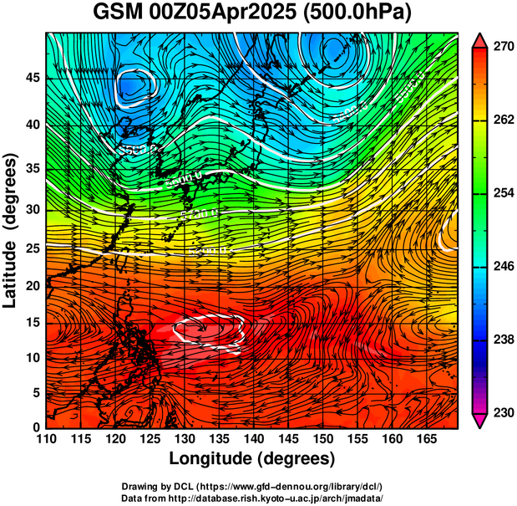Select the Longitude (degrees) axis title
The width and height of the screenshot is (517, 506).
252,458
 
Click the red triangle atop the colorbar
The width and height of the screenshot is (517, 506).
479,39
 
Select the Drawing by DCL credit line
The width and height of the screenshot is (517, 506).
252,486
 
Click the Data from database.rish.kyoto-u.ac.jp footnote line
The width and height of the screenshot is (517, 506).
252,497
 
